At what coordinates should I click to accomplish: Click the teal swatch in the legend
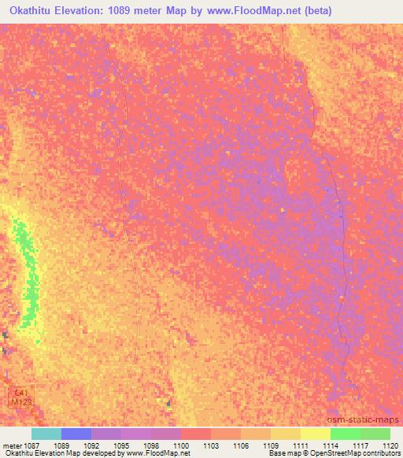(46, 434)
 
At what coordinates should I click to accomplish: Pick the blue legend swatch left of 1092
(76, 434)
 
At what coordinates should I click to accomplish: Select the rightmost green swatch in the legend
(375, 434)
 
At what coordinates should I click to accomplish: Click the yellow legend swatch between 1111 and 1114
(315, 434)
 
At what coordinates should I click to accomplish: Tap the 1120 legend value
(390, 445)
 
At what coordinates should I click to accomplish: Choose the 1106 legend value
(242, 445)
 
